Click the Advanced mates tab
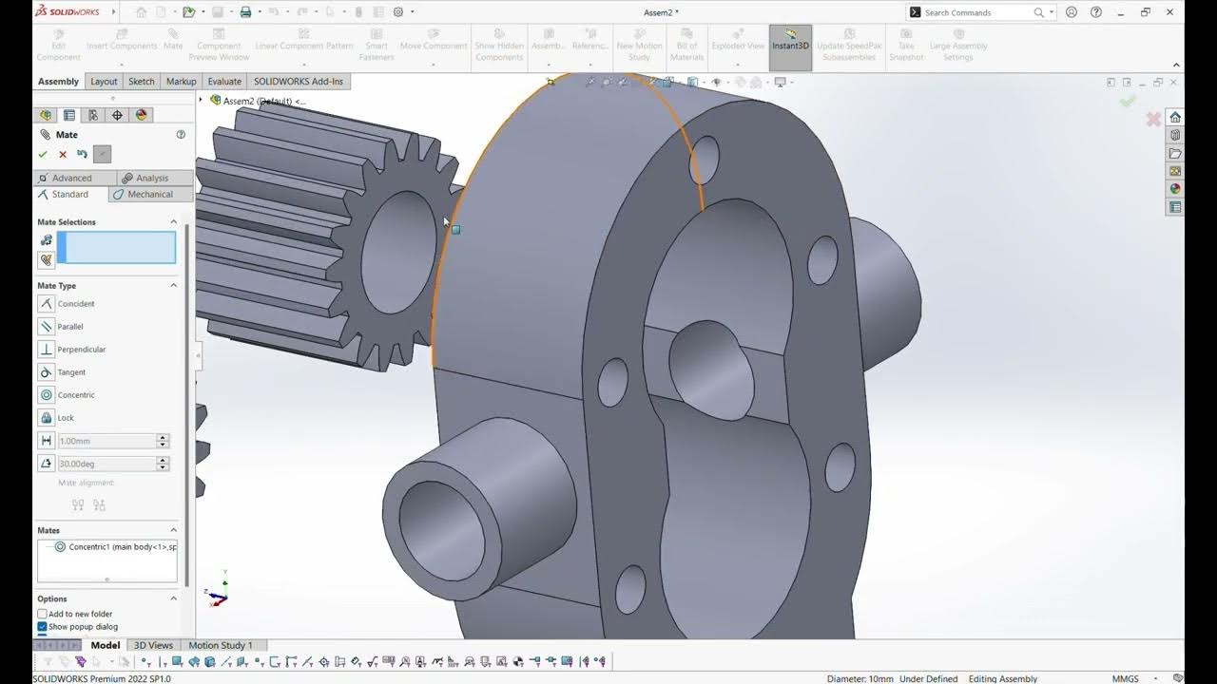[72, 178]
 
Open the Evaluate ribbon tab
[224, 82]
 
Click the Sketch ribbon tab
[142, 82]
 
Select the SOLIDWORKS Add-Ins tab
[298, 82]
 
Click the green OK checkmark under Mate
[43, 154]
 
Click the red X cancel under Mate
[63, 154]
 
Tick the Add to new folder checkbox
[42, 615]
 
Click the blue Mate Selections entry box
[116, 248]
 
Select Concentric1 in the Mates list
[116, 547]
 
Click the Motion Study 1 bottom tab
[221, 646]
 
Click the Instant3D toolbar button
[790, 46]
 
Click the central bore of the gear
[397, 252]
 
